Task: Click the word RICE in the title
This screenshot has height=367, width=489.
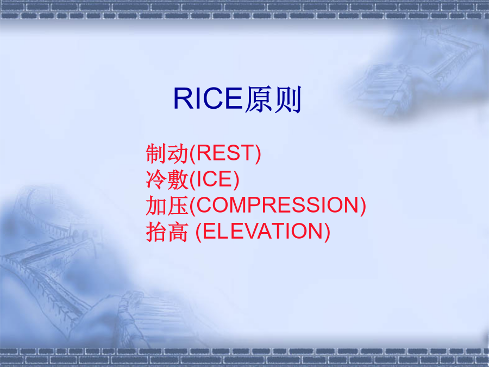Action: point(208,98)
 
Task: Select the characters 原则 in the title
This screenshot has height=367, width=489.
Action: point(273,99)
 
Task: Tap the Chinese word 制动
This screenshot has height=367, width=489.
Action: point(167,153)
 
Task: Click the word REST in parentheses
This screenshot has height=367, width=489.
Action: point(225,153)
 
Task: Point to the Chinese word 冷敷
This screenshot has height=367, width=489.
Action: point(167,179)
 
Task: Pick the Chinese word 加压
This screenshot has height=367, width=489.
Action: point(167,206)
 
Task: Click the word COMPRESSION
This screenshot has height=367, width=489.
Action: point(278,205)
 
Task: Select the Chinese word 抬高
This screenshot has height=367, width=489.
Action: point(167,232)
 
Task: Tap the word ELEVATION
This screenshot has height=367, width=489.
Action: point(263,231)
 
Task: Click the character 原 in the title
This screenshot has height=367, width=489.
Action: point(258,99)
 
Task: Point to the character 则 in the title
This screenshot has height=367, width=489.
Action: point(288,99)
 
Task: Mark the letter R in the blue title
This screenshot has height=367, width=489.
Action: point(183,98)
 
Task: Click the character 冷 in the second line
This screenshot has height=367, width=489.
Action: point(156,179)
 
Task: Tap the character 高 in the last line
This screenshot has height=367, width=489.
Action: point(178,232)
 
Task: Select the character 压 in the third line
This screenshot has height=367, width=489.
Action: point(178,206)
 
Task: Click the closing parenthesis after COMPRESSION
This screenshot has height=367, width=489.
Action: point(363,206)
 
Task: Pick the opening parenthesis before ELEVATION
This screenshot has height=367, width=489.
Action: point(199,232)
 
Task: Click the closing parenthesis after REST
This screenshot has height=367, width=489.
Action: point(258,153)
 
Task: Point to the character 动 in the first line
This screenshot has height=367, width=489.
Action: point(178,153)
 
